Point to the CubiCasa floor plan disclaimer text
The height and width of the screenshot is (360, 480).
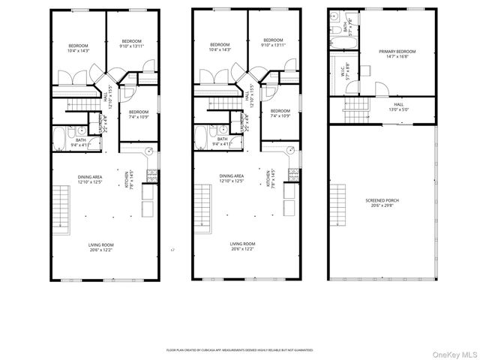[x=239, y=349]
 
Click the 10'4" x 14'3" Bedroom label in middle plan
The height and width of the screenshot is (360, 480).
[x=220, y=47]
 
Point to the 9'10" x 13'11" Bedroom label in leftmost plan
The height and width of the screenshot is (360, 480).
[x=131, y=43]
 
